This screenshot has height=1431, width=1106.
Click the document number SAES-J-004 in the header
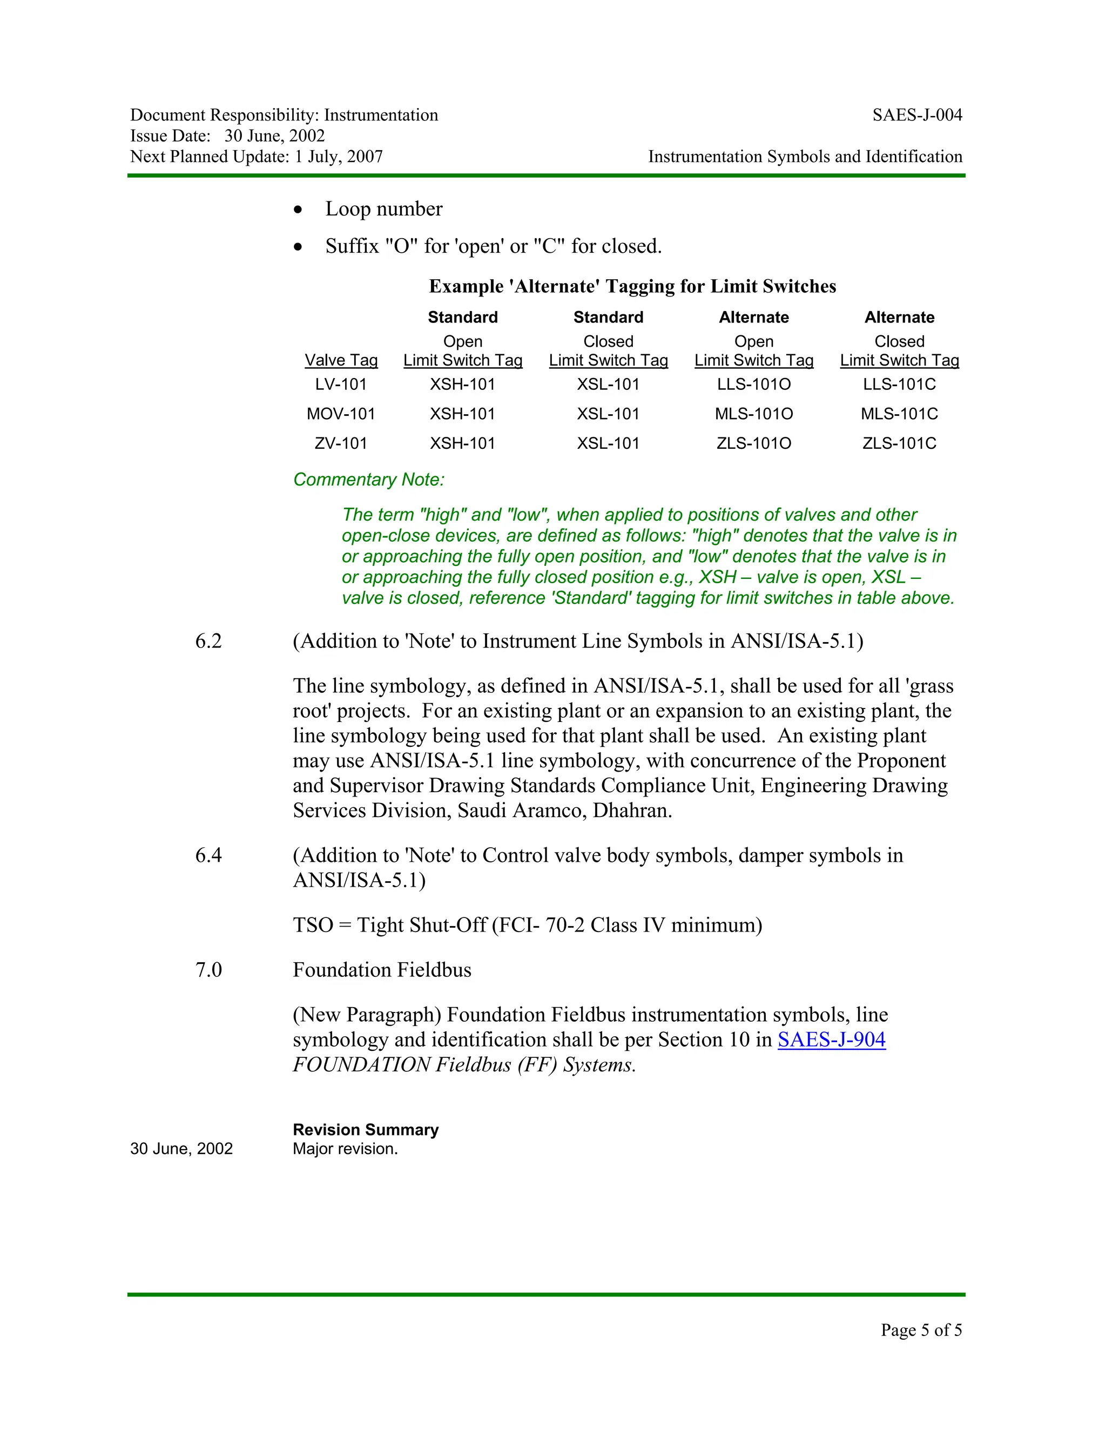[x=916, y=116]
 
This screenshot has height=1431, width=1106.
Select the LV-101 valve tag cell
[x=341, y=384]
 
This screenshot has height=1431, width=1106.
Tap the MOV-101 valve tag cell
[x=341, y=414]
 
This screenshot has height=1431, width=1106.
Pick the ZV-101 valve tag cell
[x=341, y=443]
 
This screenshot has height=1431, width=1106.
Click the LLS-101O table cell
[x=753, y=384]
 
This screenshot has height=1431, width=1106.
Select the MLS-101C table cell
[x=899, y=414]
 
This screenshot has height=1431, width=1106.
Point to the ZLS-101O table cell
[x=753, y=443]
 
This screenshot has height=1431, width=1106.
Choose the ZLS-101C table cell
[x=899, y=443]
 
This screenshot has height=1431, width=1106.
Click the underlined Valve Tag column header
[x=341, y=360]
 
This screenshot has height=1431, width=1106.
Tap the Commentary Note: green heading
[x=368, y=480]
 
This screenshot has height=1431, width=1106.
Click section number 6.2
[x=208, y=641]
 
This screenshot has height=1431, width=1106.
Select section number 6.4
[x=208, y=855]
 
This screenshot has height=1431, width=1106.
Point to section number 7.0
[x=208, y=970]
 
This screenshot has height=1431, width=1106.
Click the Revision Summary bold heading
[x=366, y=1130]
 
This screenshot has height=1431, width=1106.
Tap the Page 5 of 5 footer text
[x=921, y=1329]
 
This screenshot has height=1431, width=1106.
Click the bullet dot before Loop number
[x=298, y=210]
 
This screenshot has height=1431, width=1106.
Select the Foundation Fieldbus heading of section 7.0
[x=382, y=970]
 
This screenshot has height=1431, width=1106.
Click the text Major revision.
[x=345, y=1149]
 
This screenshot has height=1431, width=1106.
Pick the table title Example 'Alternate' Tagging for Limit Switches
[x=632, y=286]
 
